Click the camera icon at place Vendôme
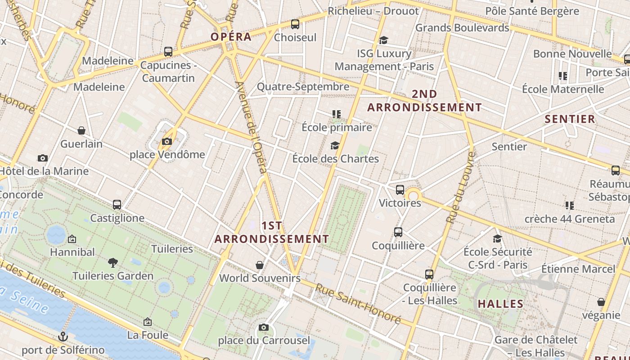pyautogui.click(x=166, y=142)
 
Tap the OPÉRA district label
pyautogui.click(x=231, y=37)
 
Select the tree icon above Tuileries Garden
pyautogui.click(x=113, y=262)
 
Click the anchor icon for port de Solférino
pyautogui.click(x=63, y=337)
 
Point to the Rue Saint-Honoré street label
pyautogui.click(x=358, y=303)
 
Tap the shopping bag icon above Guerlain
pyautogui.click(x=81, y=130)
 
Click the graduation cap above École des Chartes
pyautogui.click(x=335, y=145)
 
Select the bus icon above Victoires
pyautogui.click(x=400, y=190)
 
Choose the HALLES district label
pyautogui.click(x=500, y=304)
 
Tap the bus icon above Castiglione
pyautogui.click(x=117, y=205)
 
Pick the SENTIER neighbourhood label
pyautogui.click(x=570, y=119)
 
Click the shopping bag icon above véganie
pyautogui.click(x=601, y=302)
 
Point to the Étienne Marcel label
pyautogui.click(x=578, y=269)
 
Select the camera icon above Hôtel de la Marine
pyautogui.click(x=43, y=158)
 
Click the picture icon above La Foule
pyautogui.click(x=147, y=322)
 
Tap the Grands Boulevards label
pyautogui.click(x=462, y=28)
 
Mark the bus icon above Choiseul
pyautogui.click(x=295, y=24)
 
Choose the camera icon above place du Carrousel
pyautogui.click(x=264, y=327)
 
